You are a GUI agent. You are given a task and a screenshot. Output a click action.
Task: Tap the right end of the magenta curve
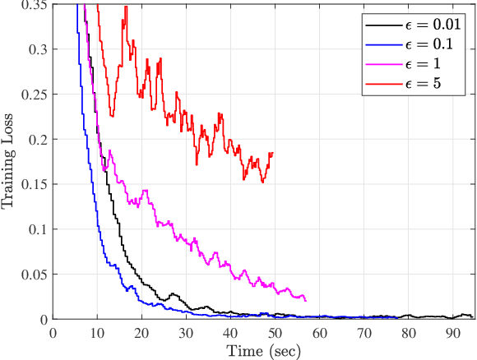coord(306,301)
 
